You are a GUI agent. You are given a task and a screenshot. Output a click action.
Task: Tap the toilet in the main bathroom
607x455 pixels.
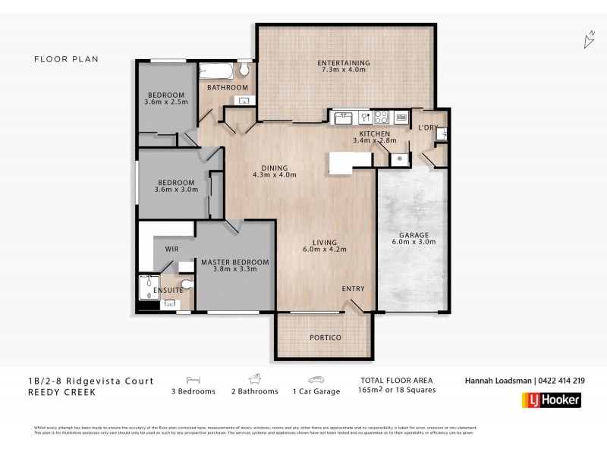pos(244,71)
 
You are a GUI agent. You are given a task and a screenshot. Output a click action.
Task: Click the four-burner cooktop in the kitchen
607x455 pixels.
pos(382,118)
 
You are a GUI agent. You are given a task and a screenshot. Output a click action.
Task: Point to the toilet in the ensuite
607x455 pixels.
pos(188,286)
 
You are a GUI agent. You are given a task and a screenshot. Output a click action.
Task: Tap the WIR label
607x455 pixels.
pos(171,248)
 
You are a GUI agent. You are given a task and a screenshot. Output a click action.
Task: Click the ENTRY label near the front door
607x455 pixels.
pos(353,288)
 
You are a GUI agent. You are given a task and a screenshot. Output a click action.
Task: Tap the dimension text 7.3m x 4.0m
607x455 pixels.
pos(344,70)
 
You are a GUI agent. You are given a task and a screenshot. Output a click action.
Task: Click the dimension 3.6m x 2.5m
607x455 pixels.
pos(165,102)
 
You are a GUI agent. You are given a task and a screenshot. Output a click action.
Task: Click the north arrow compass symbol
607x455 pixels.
pos(588,40)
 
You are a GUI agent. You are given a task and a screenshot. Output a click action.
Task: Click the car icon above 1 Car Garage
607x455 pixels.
pos(316,380)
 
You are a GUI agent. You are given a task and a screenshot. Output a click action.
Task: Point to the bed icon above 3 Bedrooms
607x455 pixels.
pos(193,380)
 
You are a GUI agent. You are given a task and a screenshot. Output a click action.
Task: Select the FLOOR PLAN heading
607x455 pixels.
pos(67,58)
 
